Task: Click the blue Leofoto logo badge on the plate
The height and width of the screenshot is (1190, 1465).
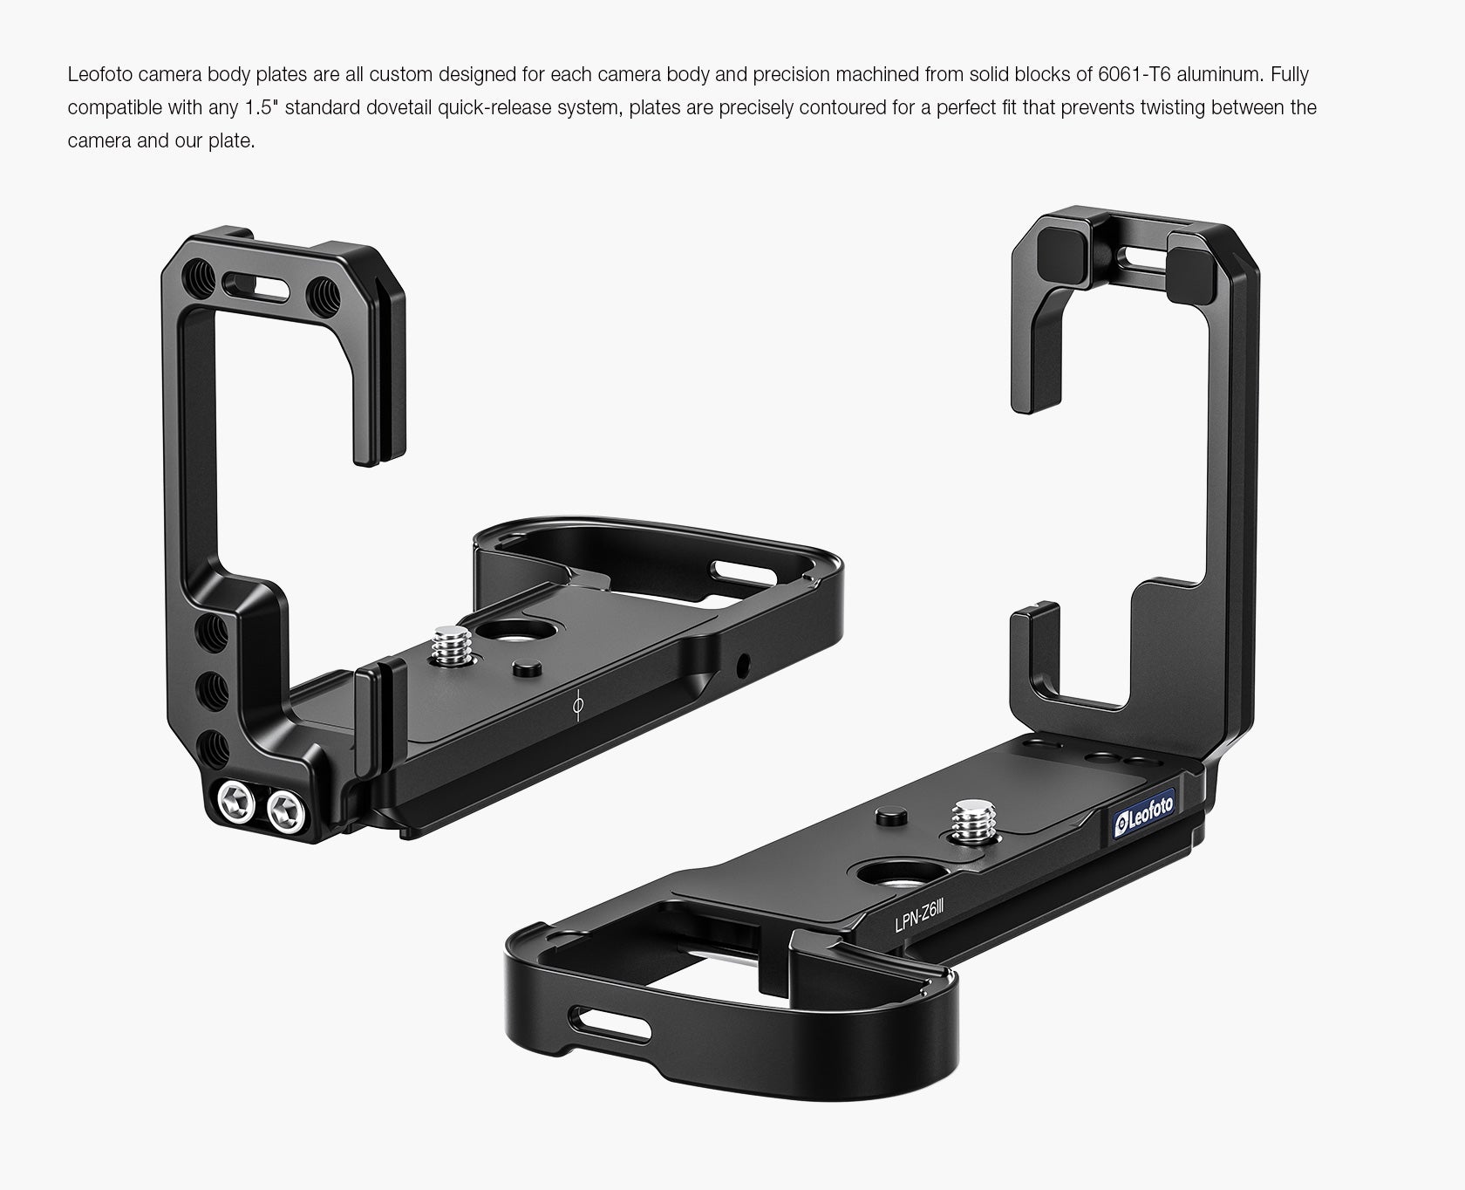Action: coord(1145,813)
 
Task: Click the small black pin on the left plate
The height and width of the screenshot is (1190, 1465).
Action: coord(523,669)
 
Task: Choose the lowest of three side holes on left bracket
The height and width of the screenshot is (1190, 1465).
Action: coord(214,748)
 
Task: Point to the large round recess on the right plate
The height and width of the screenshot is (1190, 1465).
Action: coord(882,876)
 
